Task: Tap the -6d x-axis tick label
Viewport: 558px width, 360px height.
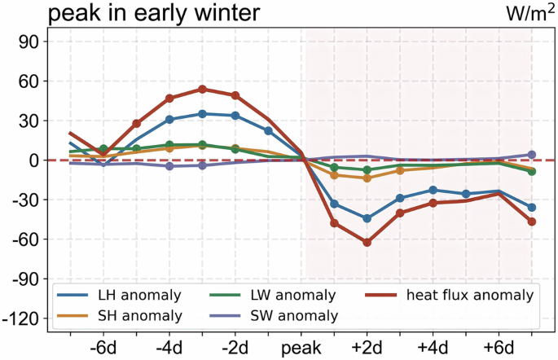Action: pos(103,347)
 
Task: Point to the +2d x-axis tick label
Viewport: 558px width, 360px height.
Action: pos(367,347)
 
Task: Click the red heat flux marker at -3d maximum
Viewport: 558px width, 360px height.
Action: pos(202,90)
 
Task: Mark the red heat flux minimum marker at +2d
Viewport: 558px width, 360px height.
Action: pos(367,243)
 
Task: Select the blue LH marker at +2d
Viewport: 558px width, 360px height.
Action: pos(367,218)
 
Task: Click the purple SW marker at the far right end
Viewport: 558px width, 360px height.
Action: pos(532,155)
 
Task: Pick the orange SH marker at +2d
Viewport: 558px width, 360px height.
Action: pos(367,178)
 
